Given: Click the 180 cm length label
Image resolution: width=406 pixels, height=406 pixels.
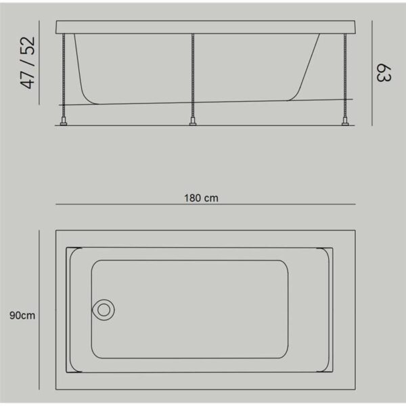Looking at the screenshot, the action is [201, 198].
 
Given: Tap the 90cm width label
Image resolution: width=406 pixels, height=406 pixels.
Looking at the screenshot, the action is [22, 315].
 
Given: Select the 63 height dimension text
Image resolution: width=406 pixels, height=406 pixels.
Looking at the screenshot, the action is [384, 73].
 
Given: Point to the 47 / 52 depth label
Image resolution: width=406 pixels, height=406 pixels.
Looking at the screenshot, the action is [27, 63].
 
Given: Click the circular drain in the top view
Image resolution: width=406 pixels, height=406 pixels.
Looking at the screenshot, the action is [104, 310].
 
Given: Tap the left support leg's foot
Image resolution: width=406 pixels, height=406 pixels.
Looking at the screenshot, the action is [64, 121].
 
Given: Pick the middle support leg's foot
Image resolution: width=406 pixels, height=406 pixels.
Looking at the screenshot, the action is [193, 121].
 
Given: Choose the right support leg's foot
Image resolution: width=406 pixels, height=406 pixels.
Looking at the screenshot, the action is [345, 121].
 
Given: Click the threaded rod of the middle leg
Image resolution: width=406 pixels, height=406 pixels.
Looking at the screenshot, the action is [193, 75].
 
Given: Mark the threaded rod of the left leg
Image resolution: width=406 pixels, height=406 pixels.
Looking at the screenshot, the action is [64, 75].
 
